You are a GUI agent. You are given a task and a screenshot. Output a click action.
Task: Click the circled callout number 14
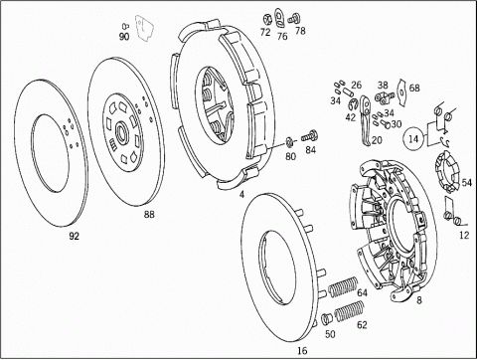pos(413,138)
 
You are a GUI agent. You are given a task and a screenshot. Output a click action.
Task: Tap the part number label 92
pos(75,236)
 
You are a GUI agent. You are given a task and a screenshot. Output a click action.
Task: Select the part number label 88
pos(149,215)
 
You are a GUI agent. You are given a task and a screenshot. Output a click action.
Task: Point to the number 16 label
pos(302,350)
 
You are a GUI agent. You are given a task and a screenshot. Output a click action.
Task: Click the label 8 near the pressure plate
pos(419,300)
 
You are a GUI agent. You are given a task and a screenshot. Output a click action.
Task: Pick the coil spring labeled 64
pos(343,286)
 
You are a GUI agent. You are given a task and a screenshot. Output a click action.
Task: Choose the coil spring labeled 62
pos(350,311)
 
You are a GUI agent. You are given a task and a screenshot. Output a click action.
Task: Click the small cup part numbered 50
pos(327,318)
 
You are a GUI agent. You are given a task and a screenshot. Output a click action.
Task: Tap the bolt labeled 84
pos(309,136)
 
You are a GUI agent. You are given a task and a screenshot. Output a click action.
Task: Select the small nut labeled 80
pos(289,142)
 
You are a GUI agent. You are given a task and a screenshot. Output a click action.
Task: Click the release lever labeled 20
pos(365,120)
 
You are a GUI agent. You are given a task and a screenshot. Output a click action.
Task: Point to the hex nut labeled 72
pos(266,20)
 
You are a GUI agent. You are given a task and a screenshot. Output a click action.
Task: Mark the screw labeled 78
pos(293,19)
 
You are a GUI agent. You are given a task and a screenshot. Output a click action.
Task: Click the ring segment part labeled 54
pos(446,172)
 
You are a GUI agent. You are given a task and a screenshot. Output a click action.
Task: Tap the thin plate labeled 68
pos(402,92)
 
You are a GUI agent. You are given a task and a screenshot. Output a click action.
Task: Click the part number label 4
pos(241,195)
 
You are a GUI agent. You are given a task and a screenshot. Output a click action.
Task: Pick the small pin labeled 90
pos(125,26)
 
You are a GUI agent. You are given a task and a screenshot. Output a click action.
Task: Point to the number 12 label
pos(464,235)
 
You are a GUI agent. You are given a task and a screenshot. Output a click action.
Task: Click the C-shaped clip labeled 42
pos(354,104)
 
